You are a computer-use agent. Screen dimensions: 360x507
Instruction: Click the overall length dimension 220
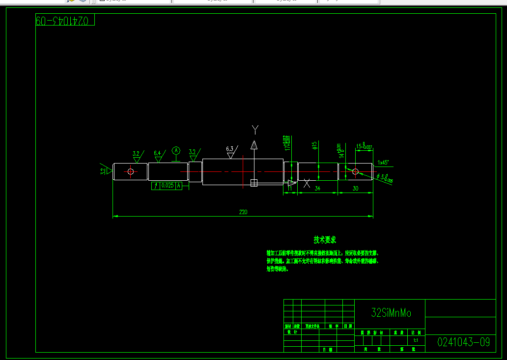243,212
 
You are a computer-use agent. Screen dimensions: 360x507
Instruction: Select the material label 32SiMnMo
391,313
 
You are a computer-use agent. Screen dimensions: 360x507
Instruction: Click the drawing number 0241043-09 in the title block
463,342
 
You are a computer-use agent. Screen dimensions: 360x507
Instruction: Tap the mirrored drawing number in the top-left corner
64,21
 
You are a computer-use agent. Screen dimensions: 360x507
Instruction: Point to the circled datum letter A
176,150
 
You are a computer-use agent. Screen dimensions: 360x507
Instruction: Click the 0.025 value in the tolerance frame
168,186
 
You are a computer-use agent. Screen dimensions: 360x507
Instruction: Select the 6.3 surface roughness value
229,149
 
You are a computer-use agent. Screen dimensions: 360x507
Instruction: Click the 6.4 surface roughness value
157,153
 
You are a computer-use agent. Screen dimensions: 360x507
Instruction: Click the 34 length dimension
317,188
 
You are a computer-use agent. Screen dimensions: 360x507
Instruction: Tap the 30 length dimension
355,188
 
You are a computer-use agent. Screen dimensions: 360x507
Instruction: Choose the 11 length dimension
290,188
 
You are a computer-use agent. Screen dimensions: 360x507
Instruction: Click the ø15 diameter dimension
314,145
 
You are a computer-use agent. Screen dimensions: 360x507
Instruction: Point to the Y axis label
255,129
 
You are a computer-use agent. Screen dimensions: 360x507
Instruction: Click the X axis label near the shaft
307,183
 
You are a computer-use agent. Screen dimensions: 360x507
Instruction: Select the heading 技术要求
325,240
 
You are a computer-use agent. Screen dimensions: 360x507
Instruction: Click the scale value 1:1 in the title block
416,340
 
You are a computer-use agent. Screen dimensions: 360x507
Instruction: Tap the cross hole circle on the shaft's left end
131,171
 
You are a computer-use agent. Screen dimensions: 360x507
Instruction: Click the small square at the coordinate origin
254,183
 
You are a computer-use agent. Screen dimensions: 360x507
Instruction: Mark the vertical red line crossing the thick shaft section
243,171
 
